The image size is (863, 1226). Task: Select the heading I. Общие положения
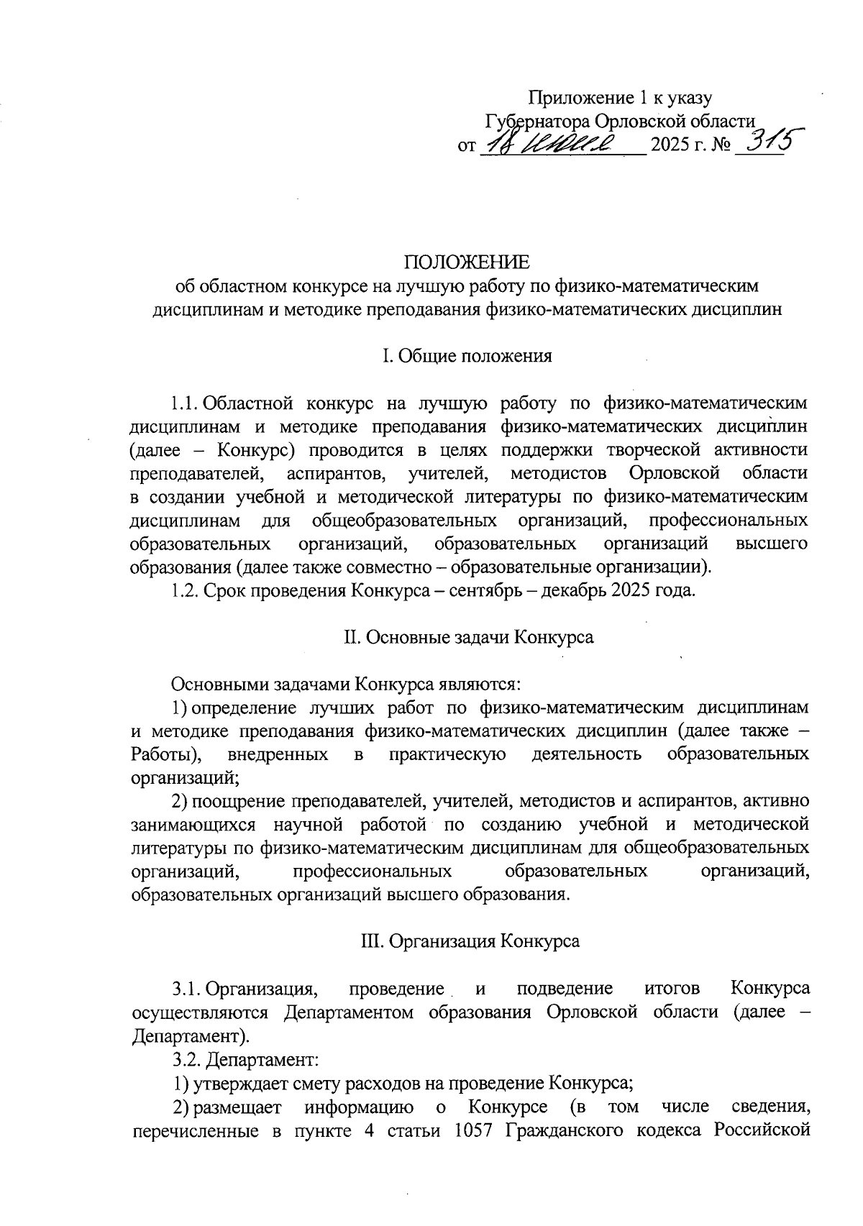click(x=467, y=356)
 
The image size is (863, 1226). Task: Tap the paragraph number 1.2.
click(x=186, y=591)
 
